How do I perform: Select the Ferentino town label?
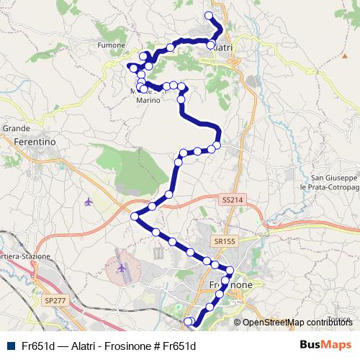35,143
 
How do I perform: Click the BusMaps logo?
325,344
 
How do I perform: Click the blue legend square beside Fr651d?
10,346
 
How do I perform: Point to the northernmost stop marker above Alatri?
210,15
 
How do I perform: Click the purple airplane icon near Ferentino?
89,201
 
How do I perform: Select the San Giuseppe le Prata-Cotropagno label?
334,182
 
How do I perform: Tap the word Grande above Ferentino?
15,128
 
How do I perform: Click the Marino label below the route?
149,101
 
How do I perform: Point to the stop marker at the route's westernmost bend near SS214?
135,216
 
